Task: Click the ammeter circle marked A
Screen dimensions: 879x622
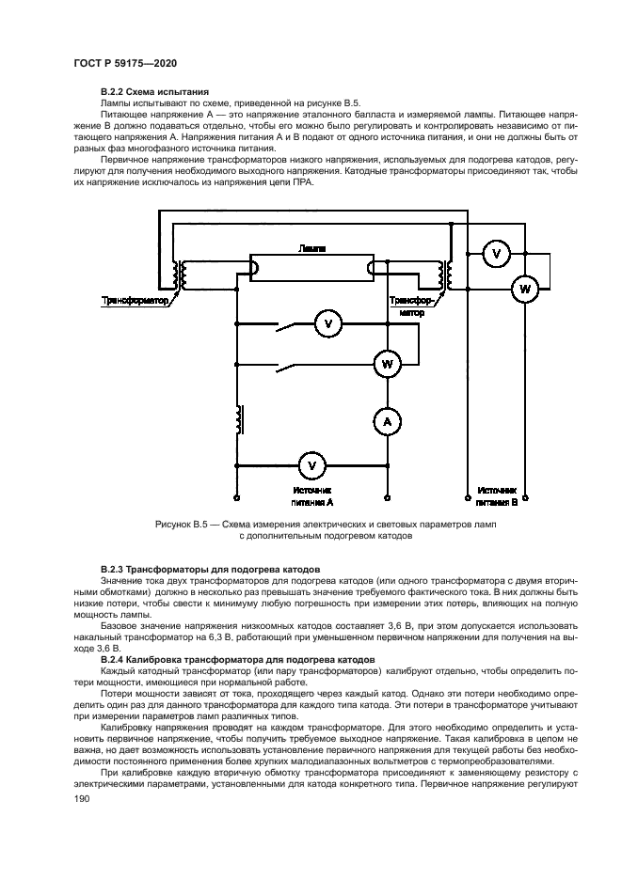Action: [385, 424]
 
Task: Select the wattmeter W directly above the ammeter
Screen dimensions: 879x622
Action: [385, 362]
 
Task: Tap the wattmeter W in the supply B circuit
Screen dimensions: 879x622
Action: [524, 290]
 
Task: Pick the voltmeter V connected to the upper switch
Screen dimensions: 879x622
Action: [328, 324]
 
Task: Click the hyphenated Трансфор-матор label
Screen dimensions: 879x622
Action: [411, 306]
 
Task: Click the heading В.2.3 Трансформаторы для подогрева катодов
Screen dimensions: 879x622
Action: [211, 570]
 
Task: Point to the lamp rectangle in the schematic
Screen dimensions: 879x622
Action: [311, 268]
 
